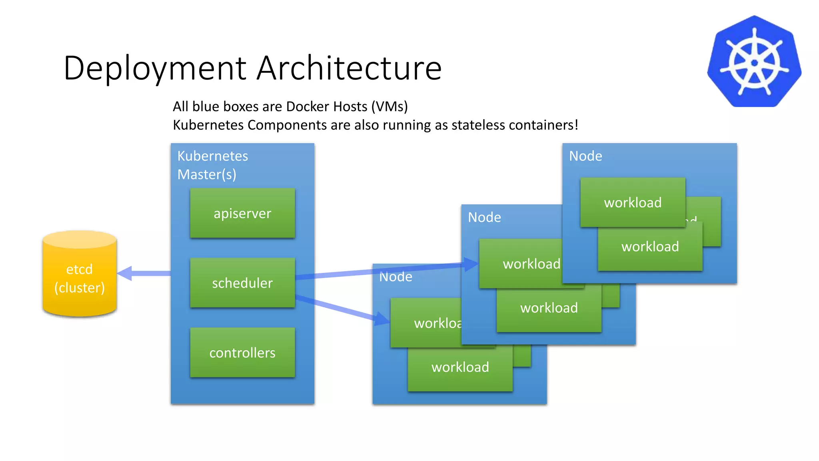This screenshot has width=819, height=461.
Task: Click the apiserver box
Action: pyautogui.click(x=242, y=213)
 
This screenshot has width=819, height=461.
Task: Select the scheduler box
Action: pyautogui.click(x=242, y=283)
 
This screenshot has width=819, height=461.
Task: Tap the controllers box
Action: pyautogui.click(x=242, y=353)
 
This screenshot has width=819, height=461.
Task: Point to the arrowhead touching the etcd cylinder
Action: pyautogui.click(x=125, y=273)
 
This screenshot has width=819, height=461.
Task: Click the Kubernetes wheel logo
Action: pyautogui.click(x=754, y=62)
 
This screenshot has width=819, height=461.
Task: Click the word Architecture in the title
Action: pyautogui.click(x=349, y=68)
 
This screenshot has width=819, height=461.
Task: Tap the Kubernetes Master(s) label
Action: pyautogui.click(x=212, y=165)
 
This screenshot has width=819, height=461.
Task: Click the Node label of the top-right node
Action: pyautogui.click(x=585, y=156)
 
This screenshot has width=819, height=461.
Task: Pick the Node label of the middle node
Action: pyautogui.click(x=484, y=217)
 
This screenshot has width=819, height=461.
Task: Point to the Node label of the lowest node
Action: pyautogui.click(x=396, y=277)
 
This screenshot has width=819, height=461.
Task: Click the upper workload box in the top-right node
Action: pyautogui.click(x=633, y=202)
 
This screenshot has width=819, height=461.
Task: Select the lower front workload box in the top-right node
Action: pyautogui.click(x=650, y=247)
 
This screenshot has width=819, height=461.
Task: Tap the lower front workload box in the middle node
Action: pyautogui.click(x=549, y=308)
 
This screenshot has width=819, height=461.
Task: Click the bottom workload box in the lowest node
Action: pyautogui.click(x=460, y=367)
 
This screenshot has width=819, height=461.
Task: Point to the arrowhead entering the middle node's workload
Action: pyautogui.click(x=471, y=264)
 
